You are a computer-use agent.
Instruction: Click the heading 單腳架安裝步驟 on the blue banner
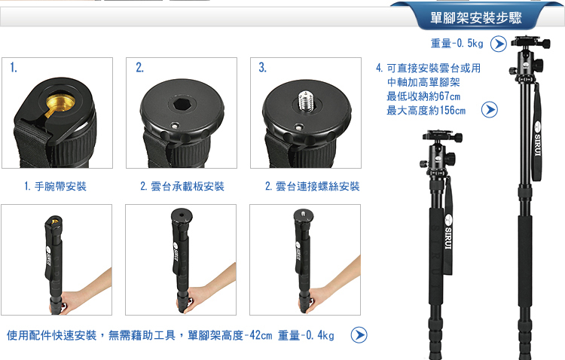point(475,17)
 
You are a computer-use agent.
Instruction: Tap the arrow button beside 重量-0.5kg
point(499,44)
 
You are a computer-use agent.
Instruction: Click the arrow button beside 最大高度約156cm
point(490,109)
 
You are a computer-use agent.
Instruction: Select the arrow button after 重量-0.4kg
point(359,335)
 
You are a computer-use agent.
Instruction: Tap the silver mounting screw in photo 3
point(306,100)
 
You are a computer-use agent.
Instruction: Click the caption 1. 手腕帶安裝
point(55,186)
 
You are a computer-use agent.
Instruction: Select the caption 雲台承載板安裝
point(188,186)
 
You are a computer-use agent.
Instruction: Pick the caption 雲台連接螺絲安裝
point(317,186)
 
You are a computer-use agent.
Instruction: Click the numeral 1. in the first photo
point(14,67)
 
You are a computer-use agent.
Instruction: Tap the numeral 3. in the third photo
point(262,67)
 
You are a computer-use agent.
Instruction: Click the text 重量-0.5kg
point(457,44)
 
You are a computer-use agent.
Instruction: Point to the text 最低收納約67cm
point(423,96)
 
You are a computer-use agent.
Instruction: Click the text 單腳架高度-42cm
point(230,335)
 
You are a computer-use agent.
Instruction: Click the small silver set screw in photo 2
point(175,126)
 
